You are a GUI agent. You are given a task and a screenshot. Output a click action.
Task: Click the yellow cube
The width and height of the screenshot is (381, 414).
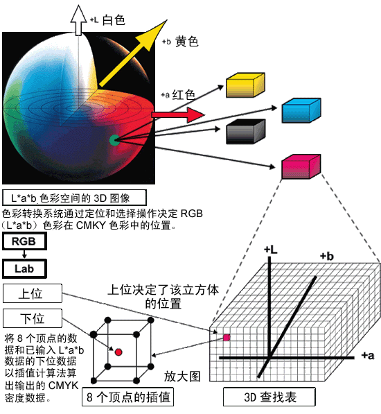tap(245, 85)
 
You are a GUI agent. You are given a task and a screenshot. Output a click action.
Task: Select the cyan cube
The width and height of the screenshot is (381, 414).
tap(301, 111)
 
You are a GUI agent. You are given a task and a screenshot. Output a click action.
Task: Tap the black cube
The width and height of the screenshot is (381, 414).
tap(246, 132)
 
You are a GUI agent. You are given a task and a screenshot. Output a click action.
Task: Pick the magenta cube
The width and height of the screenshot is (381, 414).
tap(301, 167)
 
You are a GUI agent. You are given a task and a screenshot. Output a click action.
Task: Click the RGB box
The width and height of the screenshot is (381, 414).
tap(24, 241)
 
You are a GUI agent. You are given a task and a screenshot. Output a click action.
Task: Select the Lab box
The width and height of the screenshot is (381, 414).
tap(24, 268)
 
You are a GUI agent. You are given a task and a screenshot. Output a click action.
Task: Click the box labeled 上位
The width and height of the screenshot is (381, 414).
tap(33, 293)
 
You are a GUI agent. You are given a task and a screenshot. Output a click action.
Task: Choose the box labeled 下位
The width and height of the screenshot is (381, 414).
tap(33, 318)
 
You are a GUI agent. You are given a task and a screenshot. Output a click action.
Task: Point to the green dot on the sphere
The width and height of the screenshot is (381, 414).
tap(114, 140)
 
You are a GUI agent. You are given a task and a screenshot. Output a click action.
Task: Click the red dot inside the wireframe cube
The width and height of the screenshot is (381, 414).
tap(118, 352)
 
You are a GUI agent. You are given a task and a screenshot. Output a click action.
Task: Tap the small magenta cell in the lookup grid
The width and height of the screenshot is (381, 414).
tap(227, 338)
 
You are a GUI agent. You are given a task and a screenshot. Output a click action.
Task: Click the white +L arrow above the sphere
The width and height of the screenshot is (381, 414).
tap(78, 20)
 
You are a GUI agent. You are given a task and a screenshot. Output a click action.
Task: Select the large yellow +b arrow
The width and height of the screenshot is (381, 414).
tap(132, 53)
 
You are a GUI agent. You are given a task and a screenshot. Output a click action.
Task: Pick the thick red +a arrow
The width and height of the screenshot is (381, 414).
tap(178, 114)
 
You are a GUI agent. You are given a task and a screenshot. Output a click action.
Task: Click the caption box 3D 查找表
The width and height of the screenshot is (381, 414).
tap(269, 397)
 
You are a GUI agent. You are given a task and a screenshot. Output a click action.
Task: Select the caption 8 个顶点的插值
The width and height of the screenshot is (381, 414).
tap(127, 397)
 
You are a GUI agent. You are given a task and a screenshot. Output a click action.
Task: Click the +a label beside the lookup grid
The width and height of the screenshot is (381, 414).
tap(368, 355)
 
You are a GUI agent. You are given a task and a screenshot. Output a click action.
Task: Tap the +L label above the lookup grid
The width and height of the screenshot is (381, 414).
tap(271, 250)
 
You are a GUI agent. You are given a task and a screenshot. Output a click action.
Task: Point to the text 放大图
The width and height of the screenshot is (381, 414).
tap(182, 377)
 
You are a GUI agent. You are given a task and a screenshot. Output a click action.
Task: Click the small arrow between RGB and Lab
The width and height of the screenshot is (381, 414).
tap(24, 255)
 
